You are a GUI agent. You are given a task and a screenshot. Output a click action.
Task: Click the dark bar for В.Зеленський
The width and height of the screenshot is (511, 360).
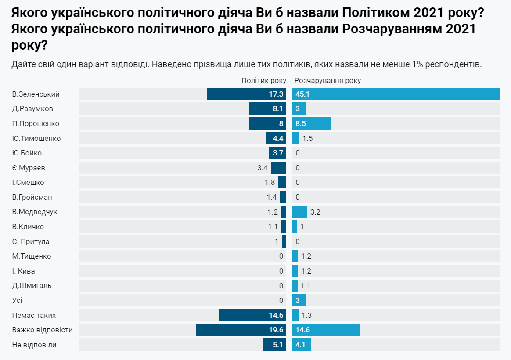(246, 94)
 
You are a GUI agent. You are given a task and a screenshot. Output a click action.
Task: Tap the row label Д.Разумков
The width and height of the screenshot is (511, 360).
(33, 109)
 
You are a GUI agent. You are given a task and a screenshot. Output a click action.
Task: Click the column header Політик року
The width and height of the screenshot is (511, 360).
(264, 81)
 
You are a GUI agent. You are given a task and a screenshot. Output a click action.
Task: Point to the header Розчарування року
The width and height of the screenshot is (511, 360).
(327, 81)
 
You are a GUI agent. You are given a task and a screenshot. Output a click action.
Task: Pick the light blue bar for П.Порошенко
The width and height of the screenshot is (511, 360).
(312, 123)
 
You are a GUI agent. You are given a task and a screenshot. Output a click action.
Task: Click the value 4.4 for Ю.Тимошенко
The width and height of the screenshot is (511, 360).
(278, 138)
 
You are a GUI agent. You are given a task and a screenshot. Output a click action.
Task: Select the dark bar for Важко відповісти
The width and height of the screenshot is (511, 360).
(241, 330)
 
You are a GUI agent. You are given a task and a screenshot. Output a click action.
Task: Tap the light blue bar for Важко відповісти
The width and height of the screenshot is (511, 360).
(326, 330)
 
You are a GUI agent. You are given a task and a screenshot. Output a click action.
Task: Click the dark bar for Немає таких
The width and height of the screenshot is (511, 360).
(252, 315)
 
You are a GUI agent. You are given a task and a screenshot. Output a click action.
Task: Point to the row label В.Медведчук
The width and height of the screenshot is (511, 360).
(35, 212)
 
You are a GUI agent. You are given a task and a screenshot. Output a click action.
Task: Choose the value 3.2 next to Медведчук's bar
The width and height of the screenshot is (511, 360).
(315, 212)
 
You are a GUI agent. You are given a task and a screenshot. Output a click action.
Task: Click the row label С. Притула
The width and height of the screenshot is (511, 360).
(31, 241)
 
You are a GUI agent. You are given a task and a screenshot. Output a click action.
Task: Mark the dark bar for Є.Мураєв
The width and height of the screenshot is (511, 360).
(278, 168)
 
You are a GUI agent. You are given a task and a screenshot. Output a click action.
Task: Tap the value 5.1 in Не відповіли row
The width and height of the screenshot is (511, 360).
(278, 345)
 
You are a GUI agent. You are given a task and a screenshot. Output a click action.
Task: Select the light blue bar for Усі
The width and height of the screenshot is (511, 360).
(299, 300)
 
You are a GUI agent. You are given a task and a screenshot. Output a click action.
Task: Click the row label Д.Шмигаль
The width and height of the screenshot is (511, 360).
(32, 286)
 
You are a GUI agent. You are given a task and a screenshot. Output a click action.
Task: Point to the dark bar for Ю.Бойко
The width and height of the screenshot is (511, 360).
(277, 153)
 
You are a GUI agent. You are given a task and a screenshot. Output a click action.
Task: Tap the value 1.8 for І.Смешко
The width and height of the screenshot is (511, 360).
(270, 183)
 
